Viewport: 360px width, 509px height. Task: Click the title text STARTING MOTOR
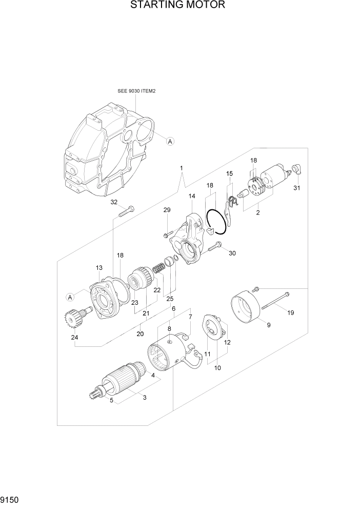(177, 6)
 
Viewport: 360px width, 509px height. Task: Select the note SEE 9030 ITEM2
(136, 91)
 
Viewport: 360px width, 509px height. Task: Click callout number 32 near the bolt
(114, 202)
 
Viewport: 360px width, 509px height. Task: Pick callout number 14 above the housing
(192, 197)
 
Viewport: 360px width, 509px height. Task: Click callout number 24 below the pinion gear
(74, 338)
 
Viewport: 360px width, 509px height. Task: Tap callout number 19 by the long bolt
(291, 312)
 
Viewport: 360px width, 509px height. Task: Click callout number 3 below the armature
(144, 398)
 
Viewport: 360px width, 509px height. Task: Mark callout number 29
(167, 210)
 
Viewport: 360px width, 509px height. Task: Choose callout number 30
(232, 253)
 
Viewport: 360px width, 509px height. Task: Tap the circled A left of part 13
(70, 297)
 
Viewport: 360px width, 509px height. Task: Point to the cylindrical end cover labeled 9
(247, 306)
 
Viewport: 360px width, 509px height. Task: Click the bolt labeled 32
(125, 212)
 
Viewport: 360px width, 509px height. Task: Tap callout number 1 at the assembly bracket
(181, 168)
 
